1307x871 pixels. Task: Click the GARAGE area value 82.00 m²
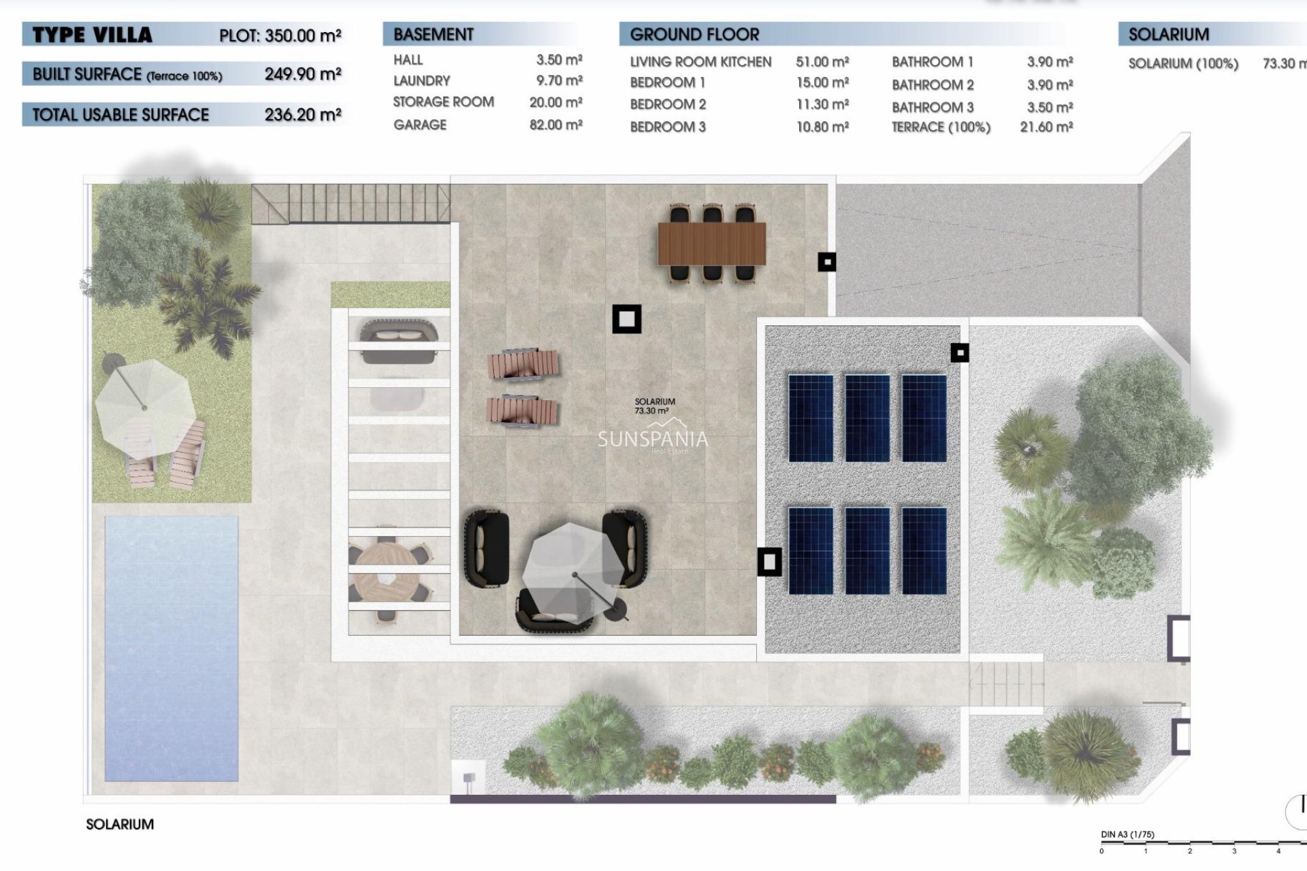555,125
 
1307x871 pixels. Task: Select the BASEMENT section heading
433,35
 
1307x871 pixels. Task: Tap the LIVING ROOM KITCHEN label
700,62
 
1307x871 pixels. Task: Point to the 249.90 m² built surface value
302,74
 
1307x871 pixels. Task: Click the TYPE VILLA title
93,35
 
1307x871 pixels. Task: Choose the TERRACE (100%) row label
941,127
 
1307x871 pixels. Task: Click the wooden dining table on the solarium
711,244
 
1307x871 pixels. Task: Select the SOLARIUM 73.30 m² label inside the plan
654,406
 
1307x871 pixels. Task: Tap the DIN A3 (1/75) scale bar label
1127,834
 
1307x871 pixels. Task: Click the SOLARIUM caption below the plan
120,824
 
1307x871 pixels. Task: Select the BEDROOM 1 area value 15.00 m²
822,83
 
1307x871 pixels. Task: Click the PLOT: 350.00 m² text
280,35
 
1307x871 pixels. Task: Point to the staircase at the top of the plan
351,203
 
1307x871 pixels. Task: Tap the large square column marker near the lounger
626,318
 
